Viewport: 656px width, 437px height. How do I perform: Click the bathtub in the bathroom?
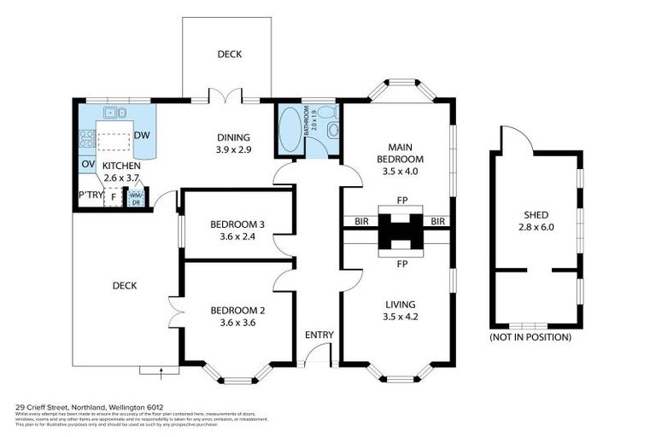[x=290, y=130]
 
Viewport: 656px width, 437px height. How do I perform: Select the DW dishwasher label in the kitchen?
[x=143, y=135]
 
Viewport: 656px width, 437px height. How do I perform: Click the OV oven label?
[x=87, y=164]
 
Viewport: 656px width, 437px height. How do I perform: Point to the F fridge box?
[x=112, y=197]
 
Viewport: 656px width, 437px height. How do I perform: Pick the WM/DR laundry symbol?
[x=135, y=197]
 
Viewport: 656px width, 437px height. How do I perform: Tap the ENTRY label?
[x=319, y=334]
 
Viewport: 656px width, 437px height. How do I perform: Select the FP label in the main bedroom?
[x=401, y=201]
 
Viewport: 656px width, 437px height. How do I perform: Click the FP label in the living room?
[x=401, y=264]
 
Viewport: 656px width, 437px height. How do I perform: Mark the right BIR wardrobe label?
[x=439, y=222]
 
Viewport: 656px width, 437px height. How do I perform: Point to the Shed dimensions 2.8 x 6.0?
[x=536, y=228]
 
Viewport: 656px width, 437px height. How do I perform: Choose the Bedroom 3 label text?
[x=237, y=225]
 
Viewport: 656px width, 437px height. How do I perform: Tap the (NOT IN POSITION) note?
[x=530, y=337]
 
